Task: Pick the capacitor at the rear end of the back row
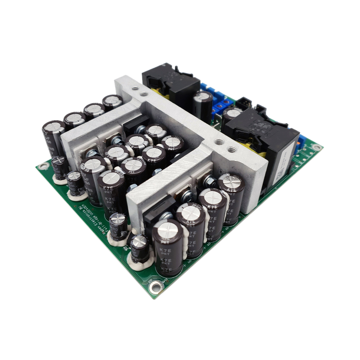pyautogui.click(x=112, y=102)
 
